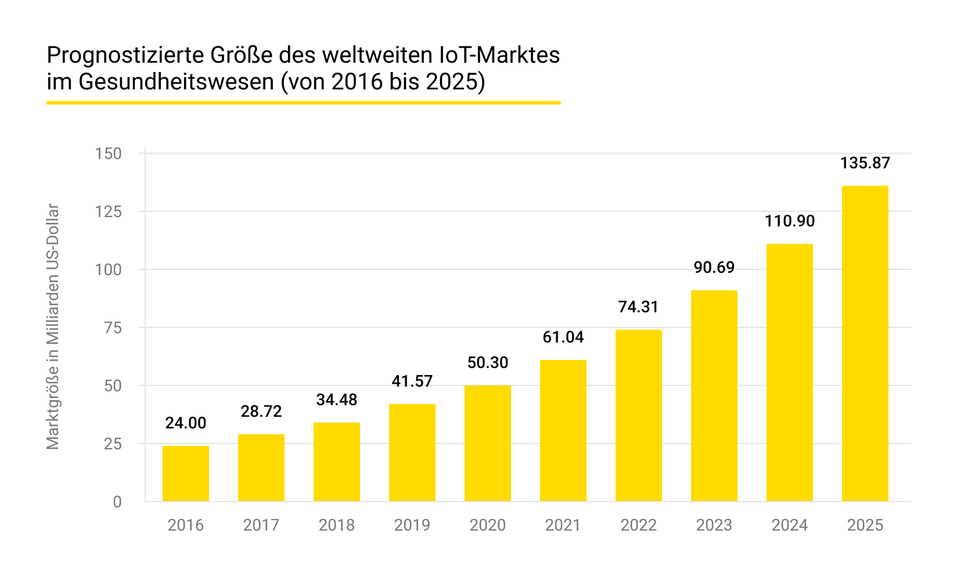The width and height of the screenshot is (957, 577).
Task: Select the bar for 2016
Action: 186,474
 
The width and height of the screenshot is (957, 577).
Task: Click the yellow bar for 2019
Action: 412,453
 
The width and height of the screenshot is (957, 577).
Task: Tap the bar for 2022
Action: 639,416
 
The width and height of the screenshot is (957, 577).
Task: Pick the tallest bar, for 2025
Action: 865,344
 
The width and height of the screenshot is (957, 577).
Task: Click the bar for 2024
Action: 790,373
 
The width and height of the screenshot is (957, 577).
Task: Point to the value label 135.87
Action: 865,163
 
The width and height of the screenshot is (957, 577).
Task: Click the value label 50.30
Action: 488,363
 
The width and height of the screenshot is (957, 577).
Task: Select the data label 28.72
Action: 261,412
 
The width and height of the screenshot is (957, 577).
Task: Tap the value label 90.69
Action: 714,268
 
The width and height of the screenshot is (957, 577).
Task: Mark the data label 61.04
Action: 563,337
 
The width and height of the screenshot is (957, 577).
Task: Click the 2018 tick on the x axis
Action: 337,525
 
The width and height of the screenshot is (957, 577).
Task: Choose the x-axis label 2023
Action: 714,525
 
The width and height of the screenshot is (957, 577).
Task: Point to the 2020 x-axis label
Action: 488,525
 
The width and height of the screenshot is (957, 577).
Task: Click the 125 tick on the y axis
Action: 109,212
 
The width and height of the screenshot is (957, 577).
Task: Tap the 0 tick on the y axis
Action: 117,502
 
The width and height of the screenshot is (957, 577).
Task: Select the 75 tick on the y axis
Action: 113,328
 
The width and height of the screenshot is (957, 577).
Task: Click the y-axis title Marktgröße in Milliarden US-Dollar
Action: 53,327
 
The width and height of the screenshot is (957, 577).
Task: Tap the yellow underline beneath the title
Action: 303,103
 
